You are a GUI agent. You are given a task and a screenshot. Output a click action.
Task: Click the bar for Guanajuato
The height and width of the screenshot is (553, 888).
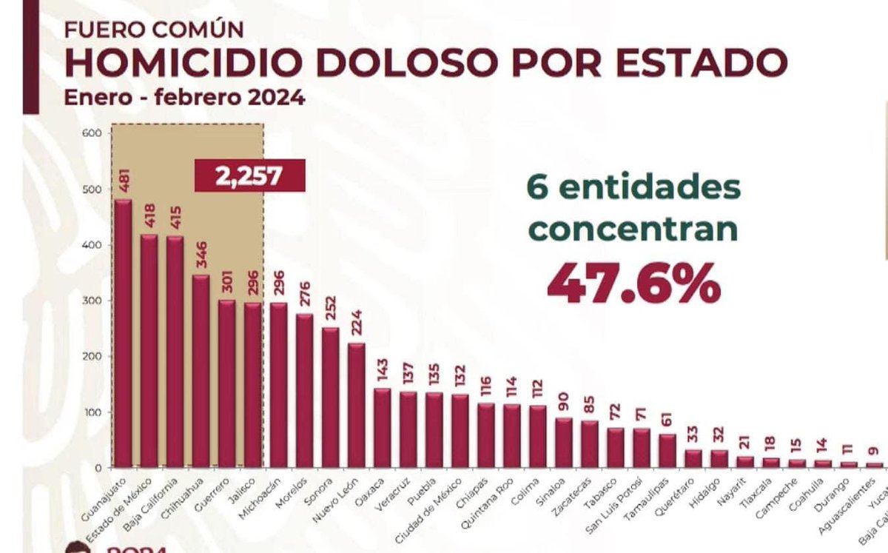(x=123, y=333)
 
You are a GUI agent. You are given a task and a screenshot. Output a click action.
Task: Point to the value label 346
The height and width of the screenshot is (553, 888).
(x=201, y=252)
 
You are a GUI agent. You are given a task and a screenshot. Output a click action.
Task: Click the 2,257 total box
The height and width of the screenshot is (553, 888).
(x=249, y=177)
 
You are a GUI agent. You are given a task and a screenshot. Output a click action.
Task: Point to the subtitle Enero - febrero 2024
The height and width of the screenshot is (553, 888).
(x=184, y=98)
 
